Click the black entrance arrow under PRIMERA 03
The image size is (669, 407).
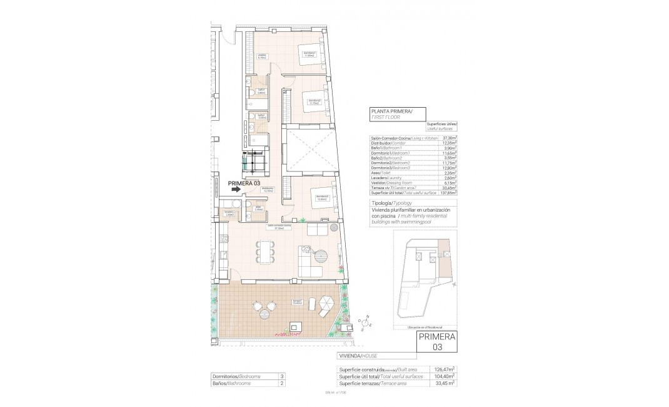(235, 193)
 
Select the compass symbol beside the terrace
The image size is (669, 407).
(365, 322)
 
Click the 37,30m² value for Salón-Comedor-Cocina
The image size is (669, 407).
(449, 138)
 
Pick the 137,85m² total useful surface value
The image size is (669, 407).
(448, 193)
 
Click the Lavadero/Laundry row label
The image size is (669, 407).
(386, 178)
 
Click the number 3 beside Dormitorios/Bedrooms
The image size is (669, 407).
(283, 376)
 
